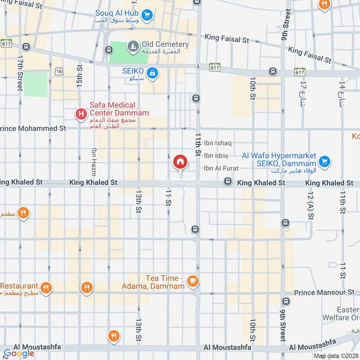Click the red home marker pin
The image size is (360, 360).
pos(180,162)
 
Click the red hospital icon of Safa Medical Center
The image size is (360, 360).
pos(81,114)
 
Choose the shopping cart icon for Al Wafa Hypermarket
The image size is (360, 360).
pos(324,161)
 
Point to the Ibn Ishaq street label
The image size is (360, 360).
pos(217,143)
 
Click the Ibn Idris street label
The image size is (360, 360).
pos(216,156)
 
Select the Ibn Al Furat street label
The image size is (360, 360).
pos(220,168)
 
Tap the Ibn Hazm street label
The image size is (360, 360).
pos(94,162)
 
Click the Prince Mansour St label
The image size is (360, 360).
pos(324,292)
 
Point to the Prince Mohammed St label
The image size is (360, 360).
pos(33,129)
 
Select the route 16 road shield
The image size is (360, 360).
pos(59,72)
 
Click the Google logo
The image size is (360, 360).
pos(19,353)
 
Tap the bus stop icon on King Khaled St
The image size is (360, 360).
pos(228,182)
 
